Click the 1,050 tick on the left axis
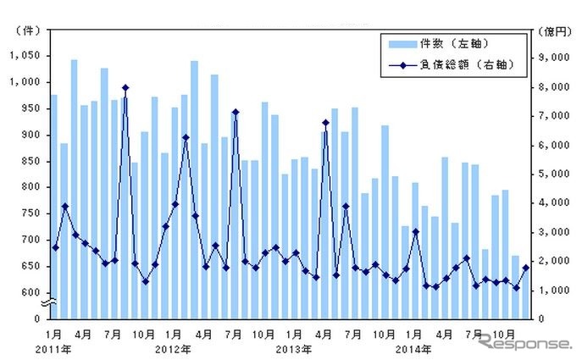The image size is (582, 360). coord(25,56)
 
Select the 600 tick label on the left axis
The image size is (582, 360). coord(30,292)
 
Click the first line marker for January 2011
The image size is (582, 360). coord(55,247)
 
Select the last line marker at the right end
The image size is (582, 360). coord(525,268)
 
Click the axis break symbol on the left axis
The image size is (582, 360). coord(50,303)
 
